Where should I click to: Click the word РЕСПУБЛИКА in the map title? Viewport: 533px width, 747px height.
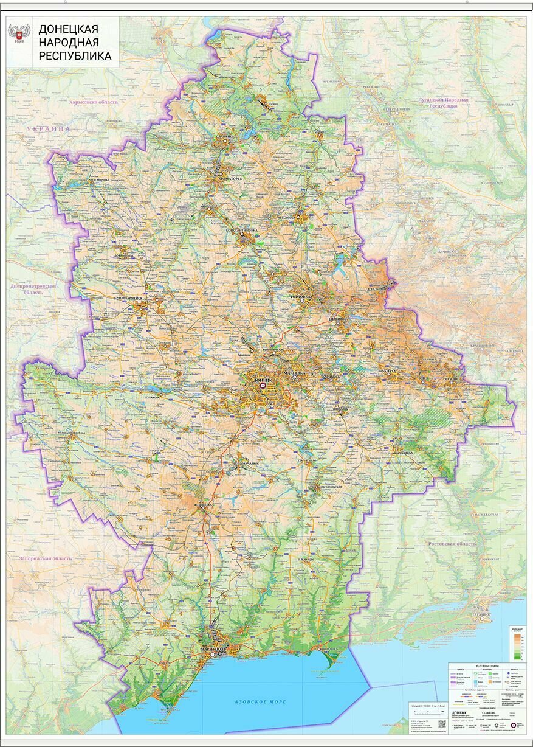[75, 56]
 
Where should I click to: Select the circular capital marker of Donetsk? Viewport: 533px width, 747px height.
[263, 385]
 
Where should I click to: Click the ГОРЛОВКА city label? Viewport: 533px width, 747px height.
[301, 296]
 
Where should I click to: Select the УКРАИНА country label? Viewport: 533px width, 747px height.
[49, 130]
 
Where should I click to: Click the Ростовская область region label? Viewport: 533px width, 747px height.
[452, 543]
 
